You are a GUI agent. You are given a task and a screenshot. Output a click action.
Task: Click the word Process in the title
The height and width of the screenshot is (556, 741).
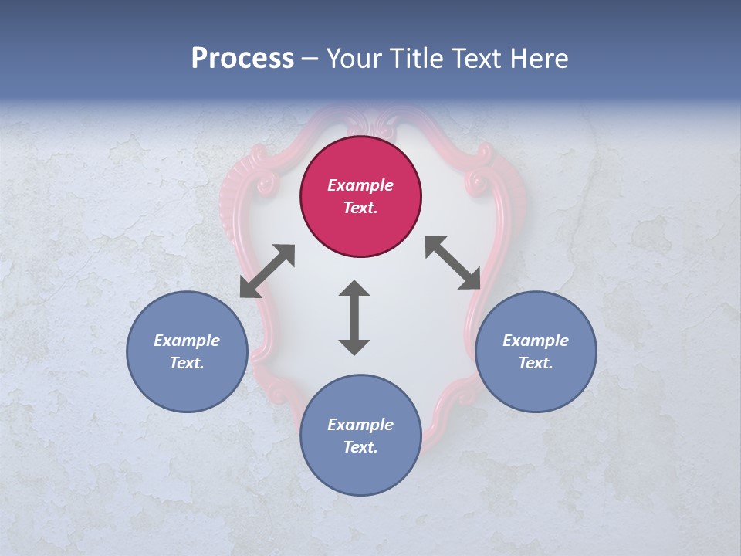pyautogui.click(x=242, y=59)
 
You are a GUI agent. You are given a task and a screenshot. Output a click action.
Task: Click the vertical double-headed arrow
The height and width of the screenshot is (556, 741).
pyautogui.click(x=354, y=317)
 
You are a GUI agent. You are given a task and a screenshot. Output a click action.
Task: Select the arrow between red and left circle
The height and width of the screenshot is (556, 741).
pyautogui.click(x=267, y=271)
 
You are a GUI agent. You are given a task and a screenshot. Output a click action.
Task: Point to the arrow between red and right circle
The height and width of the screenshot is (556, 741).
pyautogui.click(x=453, y=263)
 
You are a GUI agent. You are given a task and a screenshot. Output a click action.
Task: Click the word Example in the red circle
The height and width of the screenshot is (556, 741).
pyautogui.click(x=360, y=185)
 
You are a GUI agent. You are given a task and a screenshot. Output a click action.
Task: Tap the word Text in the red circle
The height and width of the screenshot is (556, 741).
pyautogui.click(x=360, y=208)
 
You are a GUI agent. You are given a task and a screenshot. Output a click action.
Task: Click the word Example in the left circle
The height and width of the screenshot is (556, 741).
pyautogui.click(x=187, y=341)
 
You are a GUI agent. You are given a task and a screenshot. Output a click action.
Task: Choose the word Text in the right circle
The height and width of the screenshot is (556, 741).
pyautogui.click(x=535, y=363)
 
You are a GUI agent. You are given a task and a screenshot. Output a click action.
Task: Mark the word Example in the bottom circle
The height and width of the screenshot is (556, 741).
pyautogui.click(x=360, y=425)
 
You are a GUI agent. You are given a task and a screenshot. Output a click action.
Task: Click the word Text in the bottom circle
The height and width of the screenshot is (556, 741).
pyautogui.click(x=360, y=447)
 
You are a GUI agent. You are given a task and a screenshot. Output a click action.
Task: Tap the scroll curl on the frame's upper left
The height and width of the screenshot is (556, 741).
pyautogui.click(x=267, y=184)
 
